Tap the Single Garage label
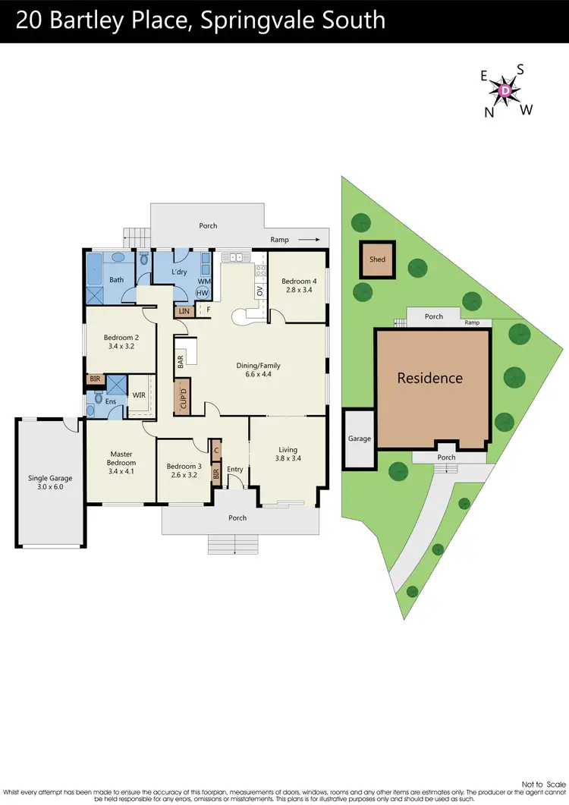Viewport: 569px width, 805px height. pos(50,483)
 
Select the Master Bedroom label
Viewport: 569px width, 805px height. pos(121,464)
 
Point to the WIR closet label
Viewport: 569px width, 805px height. pos(139,395)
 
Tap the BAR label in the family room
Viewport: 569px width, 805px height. pos(181,362)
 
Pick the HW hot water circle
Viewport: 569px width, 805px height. pos(203,293)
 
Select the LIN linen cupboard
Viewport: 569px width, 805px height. pos(183,311)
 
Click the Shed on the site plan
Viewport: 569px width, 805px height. pos(377,259)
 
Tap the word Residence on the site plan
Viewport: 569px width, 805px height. pos(430,378)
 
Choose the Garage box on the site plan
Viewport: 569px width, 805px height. pos(360,439)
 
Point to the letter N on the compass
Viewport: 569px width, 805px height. pos(489,112)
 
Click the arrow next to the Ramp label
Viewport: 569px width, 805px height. pos(308,239)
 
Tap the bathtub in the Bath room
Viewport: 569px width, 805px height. pos(94,270)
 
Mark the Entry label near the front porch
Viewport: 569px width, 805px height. pos(235,470)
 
